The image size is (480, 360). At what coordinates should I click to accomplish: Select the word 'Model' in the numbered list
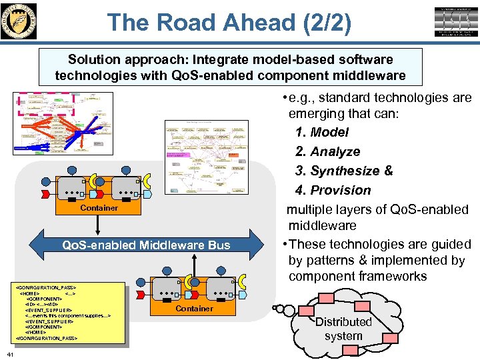pyautogui.click(x=329, y=133)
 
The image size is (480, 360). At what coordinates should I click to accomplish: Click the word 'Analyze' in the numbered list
pyautogui.click(x=335, y=152)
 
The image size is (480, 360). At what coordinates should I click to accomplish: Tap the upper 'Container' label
pyautogui.click(x=99, y=208)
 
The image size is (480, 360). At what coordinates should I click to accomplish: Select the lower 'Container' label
pyautogui.click(x=195, y=309)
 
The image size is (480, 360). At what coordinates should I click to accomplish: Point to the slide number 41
pyautogui.click(x=8, y=353)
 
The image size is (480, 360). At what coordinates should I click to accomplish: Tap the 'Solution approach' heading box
pyautogui.click(x=230, y=67)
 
